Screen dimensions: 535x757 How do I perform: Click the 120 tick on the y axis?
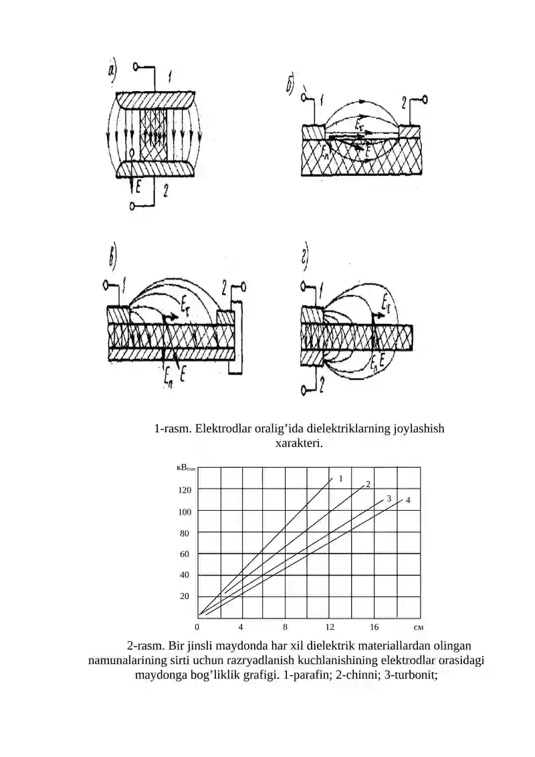(x=185, y=490)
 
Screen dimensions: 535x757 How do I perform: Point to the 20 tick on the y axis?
(x=185, y=596)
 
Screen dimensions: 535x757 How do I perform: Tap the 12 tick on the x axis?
(x=330, y=627)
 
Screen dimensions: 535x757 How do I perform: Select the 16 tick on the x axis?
(x=374, y=627)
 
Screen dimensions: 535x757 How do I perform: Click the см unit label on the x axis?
(x=418, y=628)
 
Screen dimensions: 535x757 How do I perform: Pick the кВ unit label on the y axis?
(x=186, y=467)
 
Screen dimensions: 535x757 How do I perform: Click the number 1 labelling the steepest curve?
(x=340, y=479)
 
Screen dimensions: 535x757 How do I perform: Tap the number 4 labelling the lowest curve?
(x=408, y=500)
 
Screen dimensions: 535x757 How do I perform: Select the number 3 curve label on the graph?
(x=389, y=499)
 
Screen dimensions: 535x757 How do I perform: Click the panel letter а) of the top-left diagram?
(x=112, y=71)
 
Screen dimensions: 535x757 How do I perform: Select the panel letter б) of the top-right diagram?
(x=290, y=86)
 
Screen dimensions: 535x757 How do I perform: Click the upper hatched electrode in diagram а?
(x=155, y=100)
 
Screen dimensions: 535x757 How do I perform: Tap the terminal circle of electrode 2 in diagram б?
(x=424, y=100)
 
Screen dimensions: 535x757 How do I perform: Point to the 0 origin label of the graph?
(x=197, y=627)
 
